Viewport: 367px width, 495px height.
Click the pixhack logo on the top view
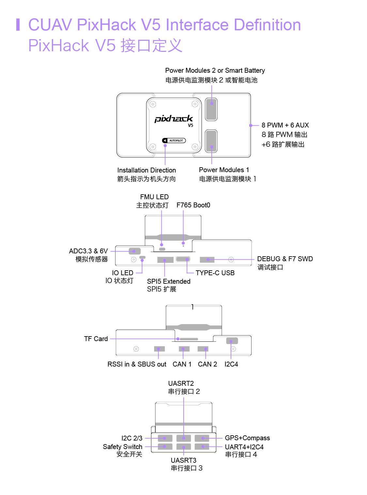tap(174, 119)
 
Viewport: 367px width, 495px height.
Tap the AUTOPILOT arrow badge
tap(174, 141)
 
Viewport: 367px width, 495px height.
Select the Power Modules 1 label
tap(224, 170)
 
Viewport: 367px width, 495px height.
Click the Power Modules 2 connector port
tap(211, 109)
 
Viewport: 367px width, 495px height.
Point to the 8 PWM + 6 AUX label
tap(285, 125)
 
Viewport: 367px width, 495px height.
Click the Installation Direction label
tap(146, 170)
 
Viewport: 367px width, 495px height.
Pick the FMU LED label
tap(154, 197)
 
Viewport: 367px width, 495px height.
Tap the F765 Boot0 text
tap(193, 205)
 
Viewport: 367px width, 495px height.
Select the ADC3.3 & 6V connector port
tap(134, 251)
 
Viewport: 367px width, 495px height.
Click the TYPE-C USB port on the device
tap(183, 259)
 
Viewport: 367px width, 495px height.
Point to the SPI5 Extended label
tap(169, 281)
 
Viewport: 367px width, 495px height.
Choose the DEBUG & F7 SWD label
tap(285, 259)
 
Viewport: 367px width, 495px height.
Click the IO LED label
tap(123, 273)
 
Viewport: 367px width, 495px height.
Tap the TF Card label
tap(96, 339)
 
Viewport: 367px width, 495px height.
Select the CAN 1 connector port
tap(184, 349)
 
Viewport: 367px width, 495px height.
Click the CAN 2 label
tap(207, 364)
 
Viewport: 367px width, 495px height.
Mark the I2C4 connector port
tap(232, 341)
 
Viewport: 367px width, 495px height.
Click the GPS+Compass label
tap(247, 438)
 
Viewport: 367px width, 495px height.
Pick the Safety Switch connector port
tap(165, 446)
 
